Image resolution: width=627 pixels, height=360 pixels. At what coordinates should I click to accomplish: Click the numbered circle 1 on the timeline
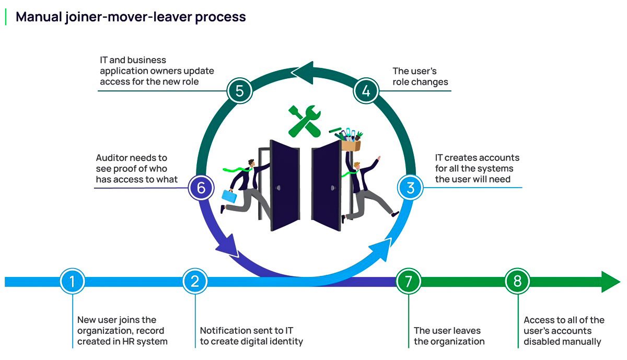(x=72, y=282)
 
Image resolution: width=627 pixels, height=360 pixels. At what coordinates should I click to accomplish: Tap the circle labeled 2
(x=195, y=282)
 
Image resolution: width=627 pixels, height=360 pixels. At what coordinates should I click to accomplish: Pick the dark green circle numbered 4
(x=366, y=90)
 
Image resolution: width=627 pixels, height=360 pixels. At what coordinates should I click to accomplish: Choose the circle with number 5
(x=239, y=90)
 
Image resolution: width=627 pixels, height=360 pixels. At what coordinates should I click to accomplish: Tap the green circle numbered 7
(x=409, y=282)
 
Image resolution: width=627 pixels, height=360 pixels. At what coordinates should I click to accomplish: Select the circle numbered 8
(x=517, y=282)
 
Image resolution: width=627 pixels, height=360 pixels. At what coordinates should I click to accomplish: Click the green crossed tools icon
(x=305, y=121)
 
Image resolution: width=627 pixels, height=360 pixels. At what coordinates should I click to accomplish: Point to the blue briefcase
(x=229, y=196)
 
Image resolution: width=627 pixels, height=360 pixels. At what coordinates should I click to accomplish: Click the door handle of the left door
(x=279, y=187)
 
